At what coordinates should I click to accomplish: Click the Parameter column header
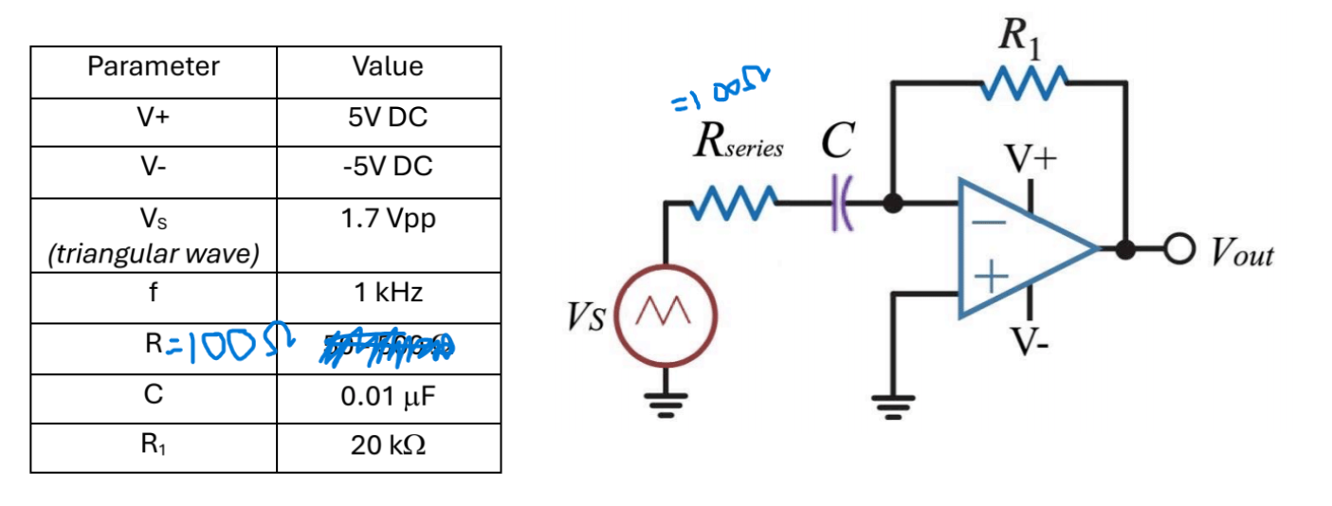(x=153, y=66)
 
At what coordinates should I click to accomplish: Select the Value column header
(x=387, y=66)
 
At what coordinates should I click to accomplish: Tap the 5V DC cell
(x=387, y=118)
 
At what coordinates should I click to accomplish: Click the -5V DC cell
(x=387, y=167)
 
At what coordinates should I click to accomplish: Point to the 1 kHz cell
(x=387, y=293)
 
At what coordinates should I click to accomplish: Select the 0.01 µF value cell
(x=387, y=396)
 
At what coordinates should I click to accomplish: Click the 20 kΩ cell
(x=387, y=445)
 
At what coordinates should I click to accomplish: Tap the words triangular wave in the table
(x=153, y=255)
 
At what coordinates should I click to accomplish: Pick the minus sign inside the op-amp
(x=988, y=221)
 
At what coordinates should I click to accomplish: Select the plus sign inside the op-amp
(x=989, y=278)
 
